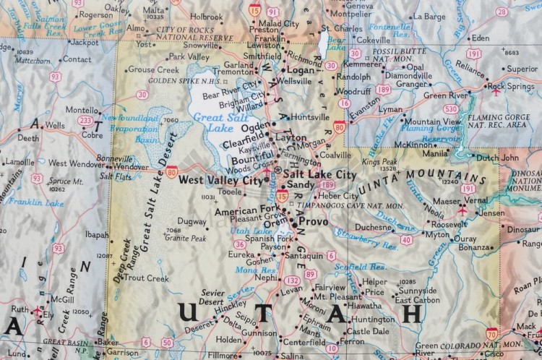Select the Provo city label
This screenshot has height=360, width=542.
coord(313,221)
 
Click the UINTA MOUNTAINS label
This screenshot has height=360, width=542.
coord(431,176)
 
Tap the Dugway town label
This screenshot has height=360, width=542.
coord(192,223)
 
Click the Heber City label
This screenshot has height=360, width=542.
coord(339,196)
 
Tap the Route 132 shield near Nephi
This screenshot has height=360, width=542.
coord(290,280)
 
